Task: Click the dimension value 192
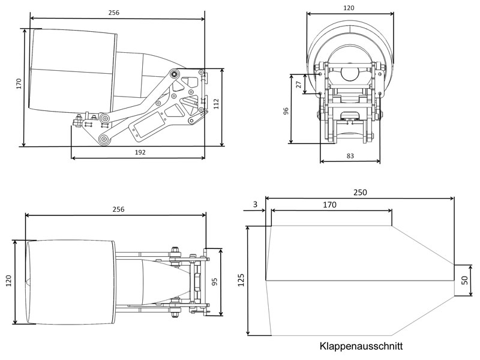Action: (x=140, y=152)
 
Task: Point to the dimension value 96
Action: (x=286, y=111)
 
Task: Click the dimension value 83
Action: (x=350, y=156)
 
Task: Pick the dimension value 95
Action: (x=214, y=281)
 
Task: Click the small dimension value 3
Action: (x=255, y=205)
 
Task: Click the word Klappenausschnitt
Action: (x=361, y=347)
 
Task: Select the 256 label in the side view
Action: (x=114, y=12)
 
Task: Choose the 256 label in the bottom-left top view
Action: (x=118, y=208)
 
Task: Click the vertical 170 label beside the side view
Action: (x=19, y=84)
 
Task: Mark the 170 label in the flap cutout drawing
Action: (x=329, y=205)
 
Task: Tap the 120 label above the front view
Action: (x=349, y=8)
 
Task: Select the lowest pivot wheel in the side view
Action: (x=104, y=140)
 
